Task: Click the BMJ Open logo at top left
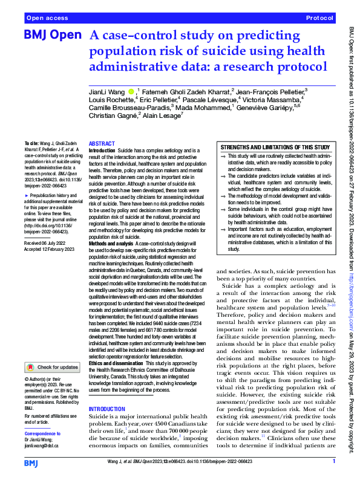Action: click(x=51, y=35)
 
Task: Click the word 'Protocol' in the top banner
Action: click(x=319, y=19)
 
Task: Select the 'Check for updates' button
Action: click(x=53, y=367)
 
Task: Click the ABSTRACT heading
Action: click(x=102, y=144)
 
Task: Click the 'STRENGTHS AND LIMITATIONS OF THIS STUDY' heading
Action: click(x=275, y=148)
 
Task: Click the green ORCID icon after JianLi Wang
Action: click(x=131, y=92)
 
